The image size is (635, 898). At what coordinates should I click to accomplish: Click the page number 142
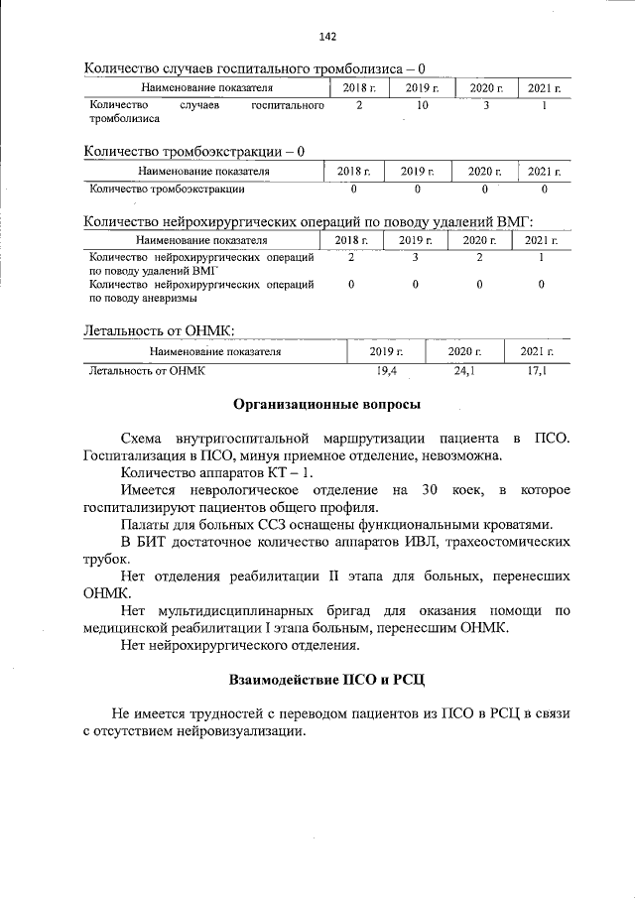coord(327,37)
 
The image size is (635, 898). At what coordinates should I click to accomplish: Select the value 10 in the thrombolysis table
coord(422,105)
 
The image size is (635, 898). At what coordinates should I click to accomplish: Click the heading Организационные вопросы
coord(326,404)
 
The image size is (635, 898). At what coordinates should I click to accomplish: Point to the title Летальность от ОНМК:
coord(160,330)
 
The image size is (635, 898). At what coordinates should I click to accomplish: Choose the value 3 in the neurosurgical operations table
coord(416,257)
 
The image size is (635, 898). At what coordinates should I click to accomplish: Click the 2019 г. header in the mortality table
coord(386,351)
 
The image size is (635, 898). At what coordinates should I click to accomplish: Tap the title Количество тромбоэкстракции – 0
coord(194,152)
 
